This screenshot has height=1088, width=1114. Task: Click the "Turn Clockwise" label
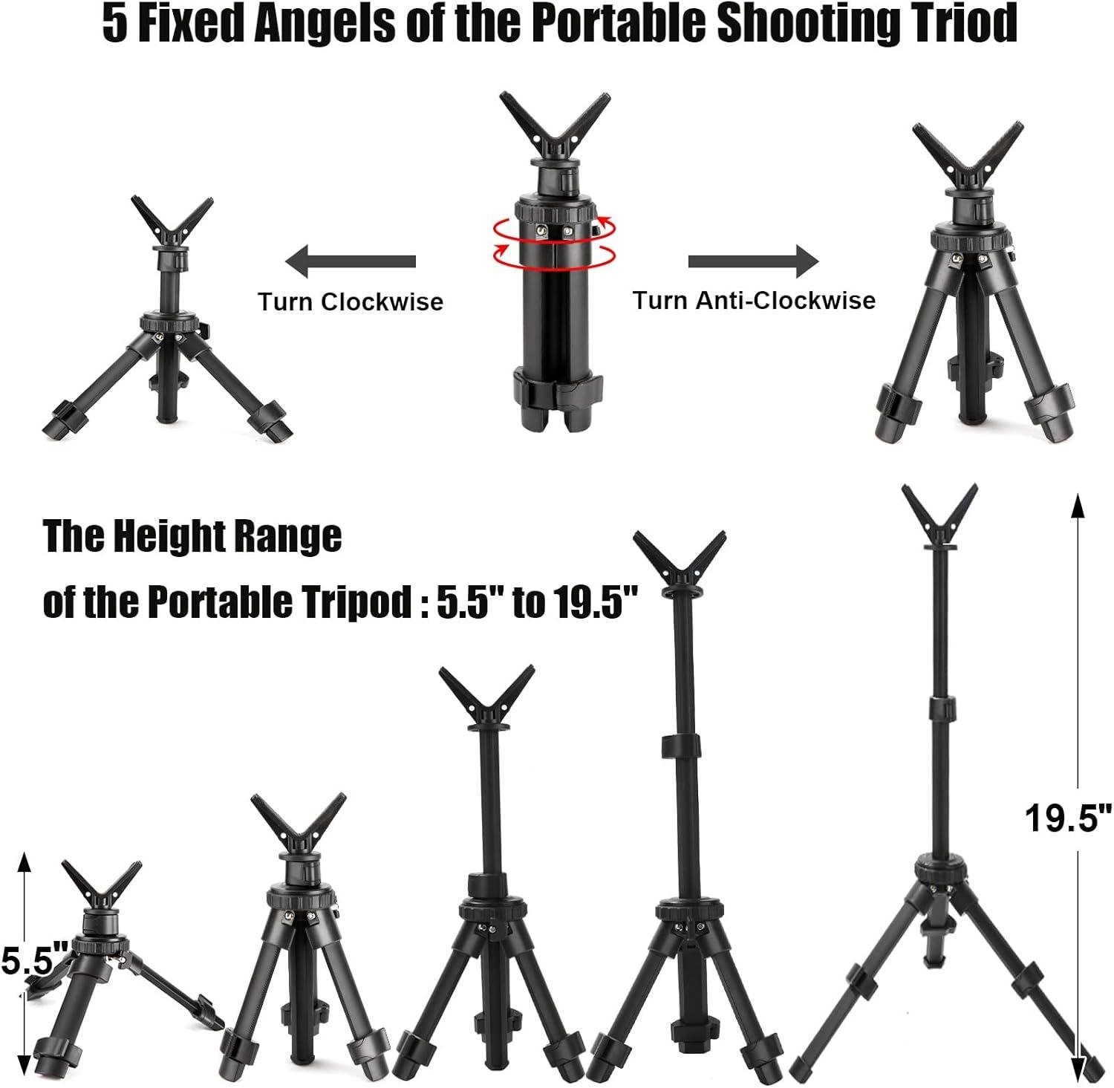point(351,302)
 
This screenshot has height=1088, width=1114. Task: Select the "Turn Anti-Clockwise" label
point(754,300)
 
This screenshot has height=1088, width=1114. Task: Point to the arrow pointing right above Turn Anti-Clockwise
point(753,261)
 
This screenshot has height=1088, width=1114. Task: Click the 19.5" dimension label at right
point(1067,818)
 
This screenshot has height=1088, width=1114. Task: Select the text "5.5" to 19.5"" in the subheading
point(537,602)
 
